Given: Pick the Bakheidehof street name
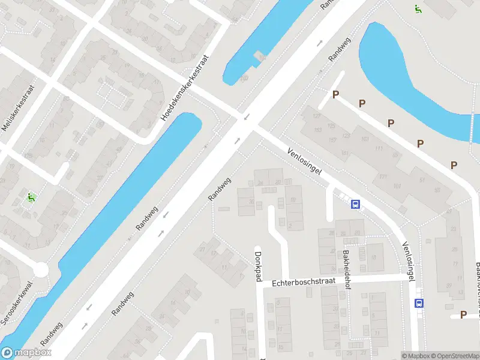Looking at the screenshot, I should point(346,269).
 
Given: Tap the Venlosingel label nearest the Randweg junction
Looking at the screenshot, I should point(304,162).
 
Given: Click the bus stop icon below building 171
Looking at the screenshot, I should point(355,204).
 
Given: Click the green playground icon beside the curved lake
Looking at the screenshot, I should point(417,8).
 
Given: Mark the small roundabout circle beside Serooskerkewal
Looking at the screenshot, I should point(41,270).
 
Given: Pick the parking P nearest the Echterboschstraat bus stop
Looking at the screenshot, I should point(463,314).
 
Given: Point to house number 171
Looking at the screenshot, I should point(383,176).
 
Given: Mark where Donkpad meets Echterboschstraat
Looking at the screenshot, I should point(260,284).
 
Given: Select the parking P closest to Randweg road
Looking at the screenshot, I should point(336,94).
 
